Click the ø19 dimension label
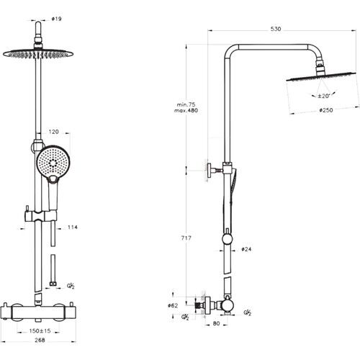(57, 19)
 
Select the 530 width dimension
(276, 29)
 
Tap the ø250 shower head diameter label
(326, 110)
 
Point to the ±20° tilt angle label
(324, 96)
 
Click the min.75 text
(186, 104)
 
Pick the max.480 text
(186, 110)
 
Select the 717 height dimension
(186, 238)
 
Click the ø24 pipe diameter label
(246, 249)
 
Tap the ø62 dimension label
(173, 305)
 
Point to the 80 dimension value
(216, 323)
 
